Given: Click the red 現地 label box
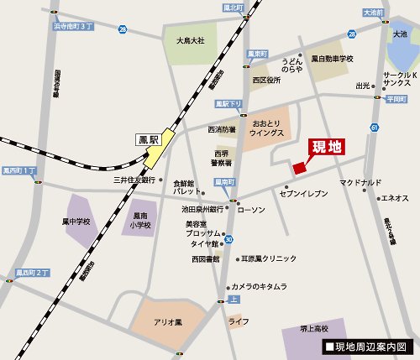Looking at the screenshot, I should click(328, 148).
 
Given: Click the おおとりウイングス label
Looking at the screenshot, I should click(268, 125).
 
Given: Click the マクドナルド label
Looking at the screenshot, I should click(360, 182).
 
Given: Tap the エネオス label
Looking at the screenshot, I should click(395, 198).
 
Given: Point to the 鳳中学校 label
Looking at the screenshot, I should click(76, 222).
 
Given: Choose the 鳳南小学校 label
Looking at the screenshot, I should click(140, 221).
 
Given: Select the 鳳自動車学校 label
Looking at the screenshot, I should click(329, 59).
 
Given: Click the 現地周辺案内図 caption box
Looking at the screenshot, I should click(366, 346).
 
